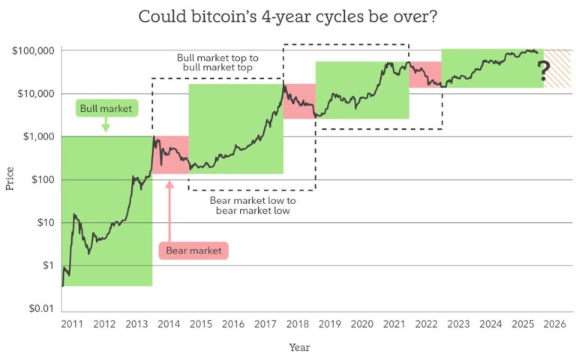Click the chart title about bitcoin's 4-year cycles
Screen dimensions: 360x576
(288, 17)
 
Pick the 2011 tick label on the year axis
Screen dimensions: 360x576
(72, 324)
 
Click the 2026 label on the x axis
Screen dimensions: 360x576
(554, 324)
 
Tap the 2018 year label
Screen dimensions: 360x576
(298, 324)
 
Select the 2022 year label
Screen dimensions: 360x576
(426, 324)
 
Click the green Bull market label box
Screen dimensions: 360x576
(106, 109)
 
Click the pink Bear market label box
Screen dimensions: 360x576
(193, 250)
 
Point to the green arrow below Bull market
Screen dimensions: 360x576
(106, 125)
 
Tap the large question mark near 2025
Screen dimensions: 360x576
(544, 72)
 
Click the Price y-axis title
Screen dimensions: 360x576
(10, 179)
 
